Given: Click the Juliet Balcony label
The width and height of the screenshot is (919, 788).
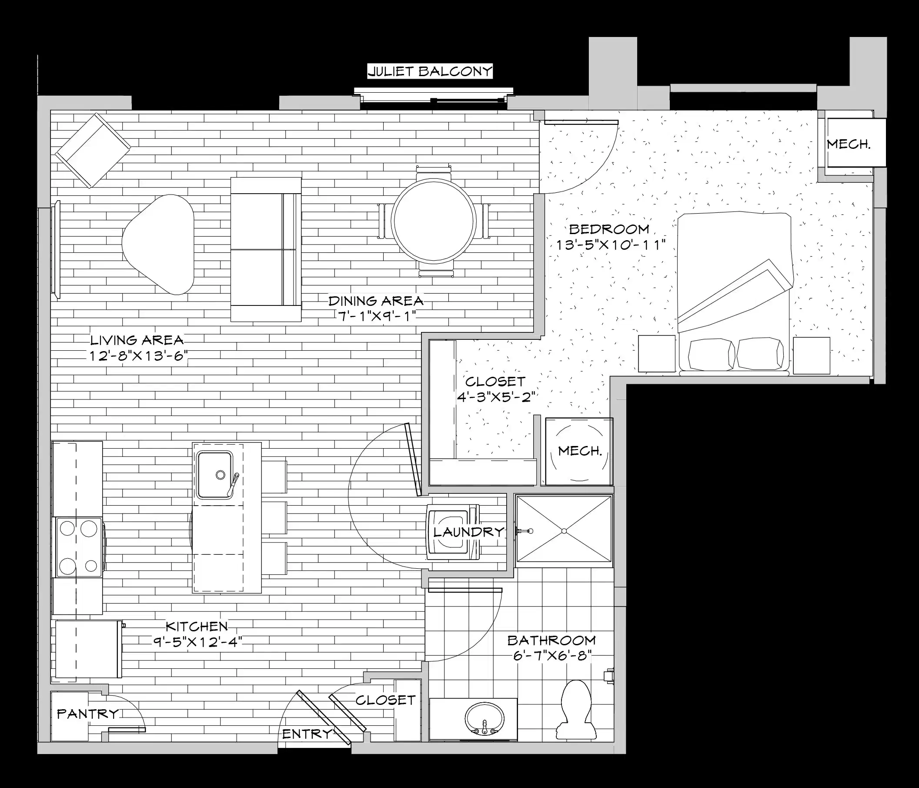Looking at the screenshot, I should coord(430,71).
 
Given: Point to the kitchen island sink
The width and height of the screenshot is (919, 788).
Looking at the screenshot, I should coord(215,475).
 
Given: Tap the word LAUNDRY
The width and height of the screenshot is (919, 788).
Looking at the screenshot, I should coord(469,532).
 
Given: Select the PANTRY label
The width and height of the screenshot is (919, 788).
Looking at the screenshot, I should coord(88,714).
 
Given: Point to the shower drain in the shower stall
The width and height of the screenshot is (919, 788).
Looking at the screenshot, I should coord(564,531).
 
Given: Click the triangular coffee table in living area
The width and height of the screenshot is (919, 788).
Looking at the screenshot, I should coord(159,244).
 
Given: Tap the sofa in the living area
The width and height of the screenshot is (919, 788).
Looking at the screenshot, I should coord(266,249).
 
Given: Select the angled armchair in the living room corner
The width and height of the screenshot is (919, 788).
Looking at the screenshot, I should coord(92,151).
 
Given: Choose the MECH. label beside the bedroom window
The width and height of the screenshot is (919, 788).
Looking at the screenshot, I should coord(848,144).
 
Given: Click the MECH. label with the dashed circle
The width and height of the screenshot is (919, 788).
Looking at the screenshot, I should coord(580,451).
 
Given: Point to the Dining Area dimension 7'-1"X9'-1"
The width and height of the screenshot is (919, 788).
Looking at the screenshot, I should coord(376,316).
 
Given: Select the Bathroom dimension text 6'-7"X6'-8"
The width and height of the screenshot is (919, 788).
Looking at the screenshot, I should coord(552,655).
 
